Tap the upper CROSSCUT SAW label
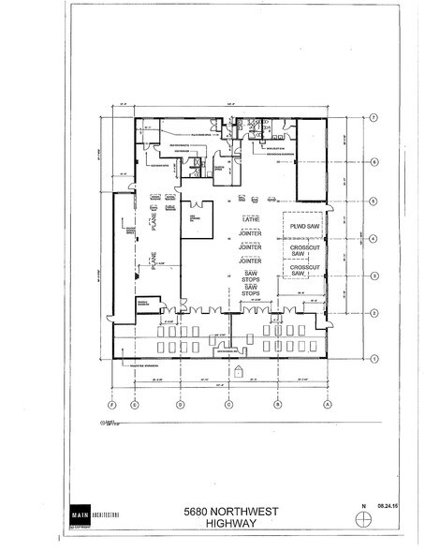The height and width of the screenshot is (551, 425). [300, 249]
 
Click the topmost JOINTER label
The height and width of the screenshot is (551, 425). [249, 234]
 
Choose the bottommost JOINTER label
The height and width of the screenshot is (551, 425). [249, 261]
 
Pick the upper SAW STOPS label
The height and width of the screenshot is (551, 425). [250, 277]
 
